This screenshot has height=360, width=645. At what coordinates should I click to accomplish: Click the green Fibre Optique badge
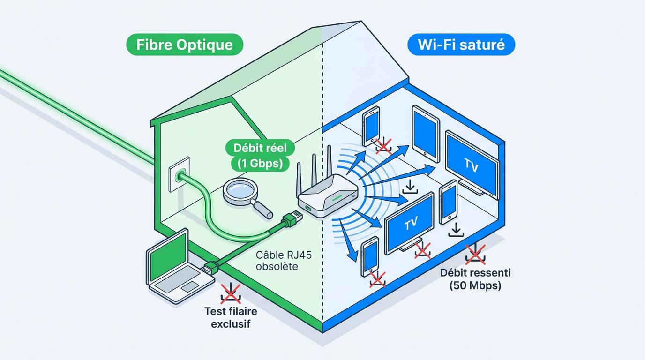click(x=185, y=45)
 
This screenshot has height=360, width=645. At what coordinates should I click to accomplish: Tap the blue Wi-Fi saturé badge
click(x=461, y=45)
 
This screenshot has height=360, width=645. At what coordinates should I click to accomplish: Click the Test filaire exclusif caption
click(x=231, y=317)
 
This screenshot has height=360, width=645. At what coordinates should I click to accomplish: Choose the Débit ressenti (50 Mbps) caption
click(x=475, y=279)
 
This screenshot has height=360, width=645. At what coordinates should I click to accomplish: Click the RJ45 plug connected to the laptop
click(x=210, y=268)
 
